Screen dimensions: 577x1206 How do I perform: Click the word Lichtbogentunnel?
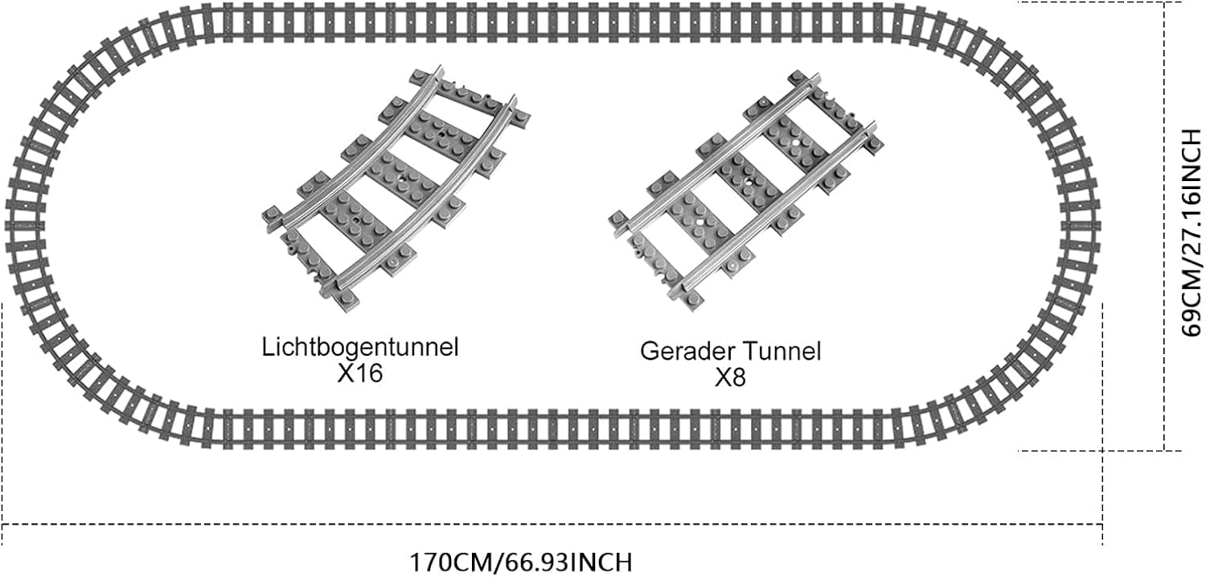click(360, 348)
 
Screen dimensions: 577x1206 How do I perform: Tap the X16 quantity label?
click(360, 373)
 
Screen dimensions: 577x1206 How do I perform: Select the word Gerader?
click(687, 352)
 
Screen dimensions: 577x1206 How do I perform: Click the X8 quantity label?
click(731, 377)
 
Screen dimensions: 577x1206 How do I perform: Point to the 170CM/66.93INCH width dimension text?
click(520, 561)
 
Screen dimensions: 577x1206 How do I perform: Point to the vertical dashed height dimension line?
click(1165, 225)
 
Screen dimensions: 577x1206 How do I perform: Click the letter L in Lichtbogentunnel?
click(268, 348)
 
